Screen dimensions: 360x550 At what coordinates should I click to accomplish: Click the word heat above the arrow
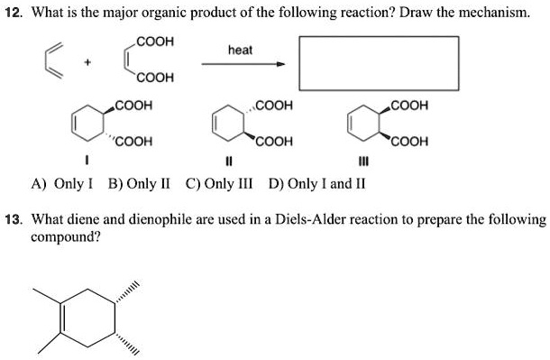point(240,51)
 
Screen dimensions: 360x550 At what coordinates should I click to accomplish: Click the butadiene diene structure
point(55,60)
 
